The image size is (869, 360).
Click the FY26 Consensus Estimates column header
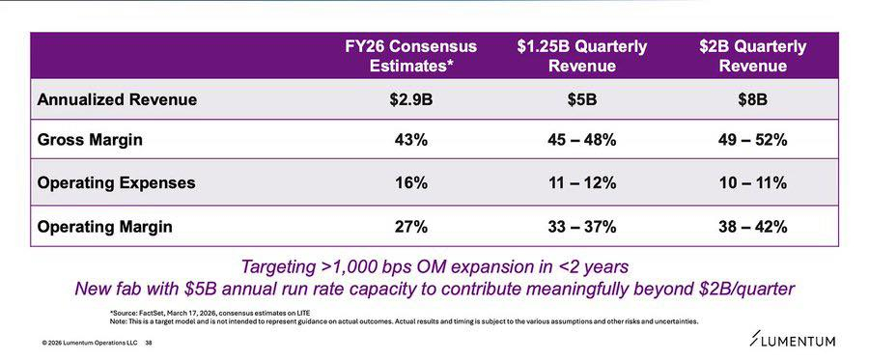click(410, 55)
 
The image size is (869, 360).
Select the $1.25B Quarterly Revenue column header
click(582, 55)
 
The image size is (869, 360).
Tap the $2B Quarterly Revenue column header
click(752, 55)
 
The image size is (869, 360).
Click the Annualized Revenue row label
click(117, 99)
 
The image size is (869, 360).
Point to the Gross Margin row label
click(90, 140)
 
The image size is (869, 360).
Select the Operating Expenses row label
click(116, 182)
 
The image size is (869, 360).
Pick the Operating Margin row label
click(104, 227)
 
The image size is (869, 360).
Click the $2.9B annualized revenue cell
click(410, 100)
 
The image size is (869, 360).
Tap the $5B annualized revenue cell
click(582, 100)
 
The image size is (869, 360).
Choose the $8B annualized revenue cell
click(752, 100)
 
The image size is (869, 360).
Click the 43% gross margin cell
click(410, 140)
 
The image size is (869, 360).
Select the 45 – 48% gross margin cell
click(582, 140)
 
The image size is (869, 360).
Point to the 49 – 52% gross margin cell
click(752, 140)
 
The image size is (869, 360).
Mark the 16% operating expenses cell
click(410, 182)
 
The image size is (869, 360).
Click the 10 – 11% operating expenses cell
click(752, 182)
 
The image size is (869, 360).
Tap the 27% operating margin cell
click(410, 227)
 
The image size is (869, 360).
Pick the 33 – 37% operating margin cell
click(582, 227)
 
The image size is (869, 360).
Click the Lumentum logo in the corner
click(792, 340)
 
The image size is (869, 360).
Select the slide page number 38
click(149, 343)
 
